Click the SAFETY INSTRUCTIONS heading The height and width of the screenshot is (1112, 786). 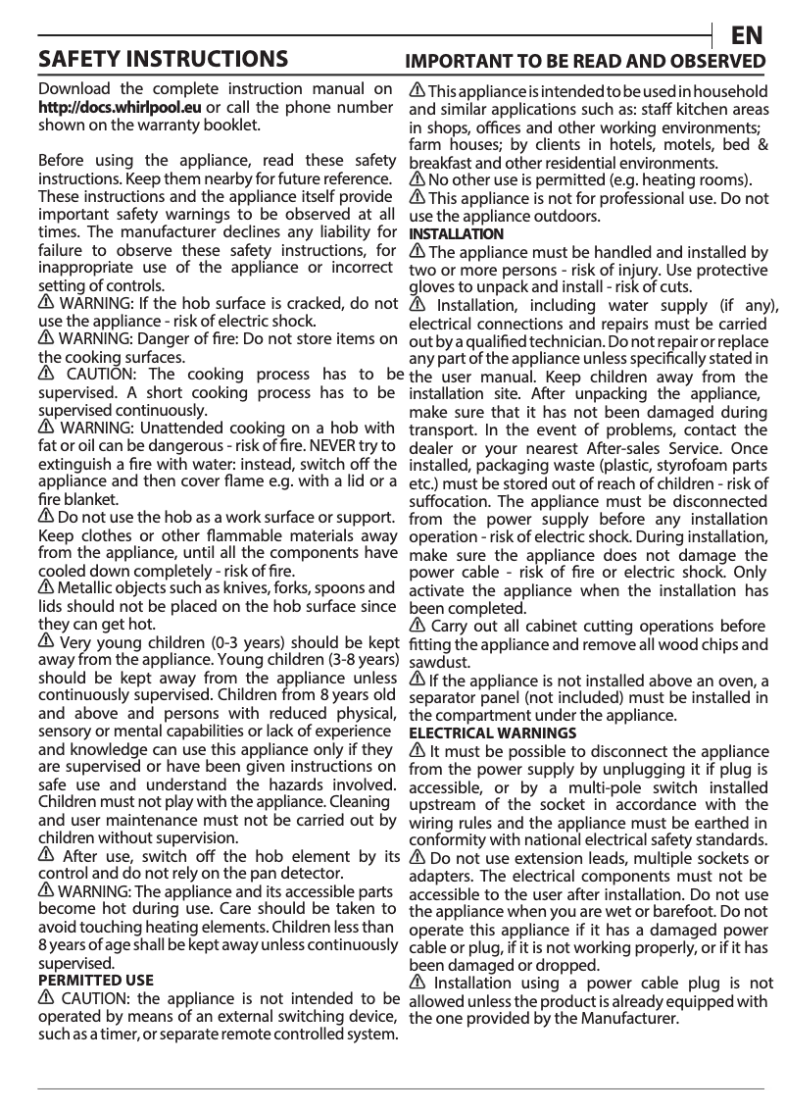163,59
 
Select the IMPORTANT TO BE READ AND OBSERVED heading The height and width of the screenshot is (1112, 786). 585,61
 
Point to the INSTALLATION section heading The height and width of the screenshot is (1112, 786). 456,234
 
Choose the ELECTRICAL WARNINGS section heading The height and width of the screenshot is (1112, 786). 492,733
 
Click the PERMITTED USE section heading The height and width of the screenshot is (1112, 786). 95,980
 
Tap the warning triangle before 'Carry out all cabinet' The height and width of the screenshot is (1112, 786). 418,626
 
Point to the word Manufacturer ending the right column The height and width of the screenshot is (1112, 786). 630,1019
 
